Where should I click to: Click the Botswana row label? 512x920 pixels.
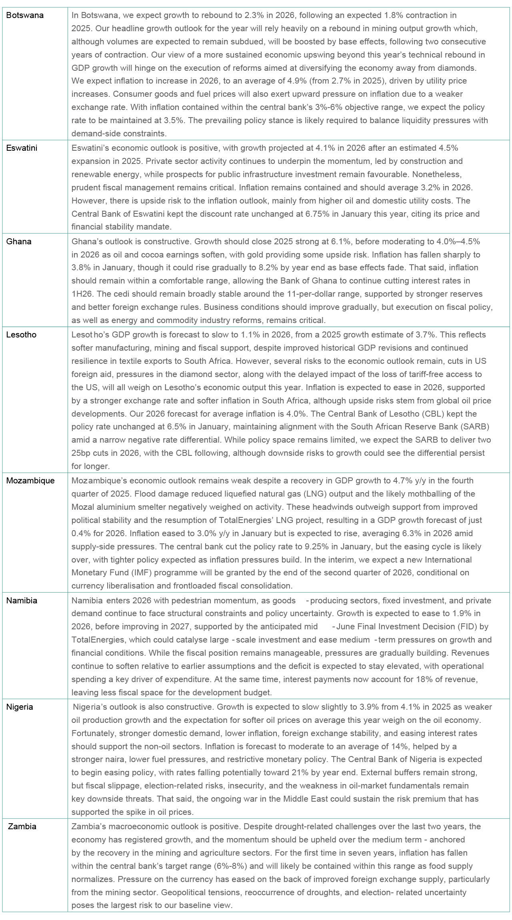[25, 15]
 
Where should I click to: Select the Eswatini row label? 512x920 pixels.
[22, 148]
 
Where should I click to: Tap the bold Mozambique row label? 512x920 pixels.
[30, 481]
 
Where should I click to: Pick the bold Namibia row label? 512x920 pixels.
[22, 601]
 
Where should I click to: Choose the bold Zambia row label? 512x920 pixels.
[22, 826]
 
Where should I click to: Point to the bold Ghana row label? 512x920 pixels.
[19, 241]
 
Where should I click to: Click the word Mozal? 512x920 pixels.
[83, 507]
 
